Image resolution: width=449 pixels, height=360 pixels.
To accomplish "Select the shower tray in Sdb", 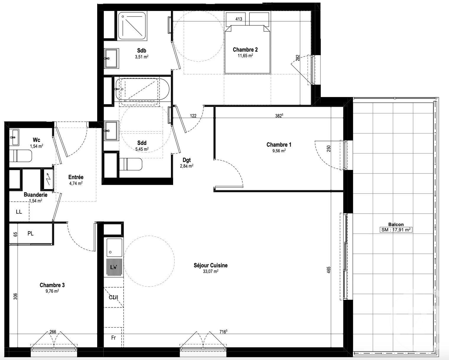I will tap(132, 26).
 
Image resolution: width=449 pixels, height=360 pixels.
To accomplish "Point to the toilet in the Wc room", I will tap(20, 156).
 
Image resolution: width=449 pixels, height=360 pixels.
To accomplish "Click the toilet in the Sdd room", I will tap(130, 164).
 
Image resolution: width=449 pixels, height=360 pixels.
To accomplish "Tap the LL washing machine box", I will tap(19, 212).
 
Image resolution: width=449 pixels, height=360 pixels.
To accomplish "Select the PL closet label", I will tap(30, 233).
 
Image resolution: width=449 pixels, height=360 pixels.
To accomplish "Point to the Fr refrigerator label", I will tap(113, 338).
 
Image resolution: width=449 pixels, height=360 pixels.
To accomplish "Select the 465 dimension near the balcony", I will tap(329, 271).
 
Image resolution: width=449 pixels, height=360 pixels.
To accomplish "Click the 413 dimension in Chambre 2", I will tap(239, 19).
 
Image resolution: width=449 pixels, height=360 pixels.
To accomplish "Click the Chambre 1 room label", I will tap(279, 145).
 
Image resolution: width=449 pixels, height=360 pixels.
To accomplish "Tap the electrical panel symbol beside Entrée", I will tap(48, 179).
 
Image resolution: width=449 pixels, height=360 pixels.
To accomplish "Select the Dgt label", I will tap(187, 160).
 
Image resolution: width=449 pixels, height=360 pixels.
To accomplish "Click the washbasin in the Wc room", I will tap(14, 137).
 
